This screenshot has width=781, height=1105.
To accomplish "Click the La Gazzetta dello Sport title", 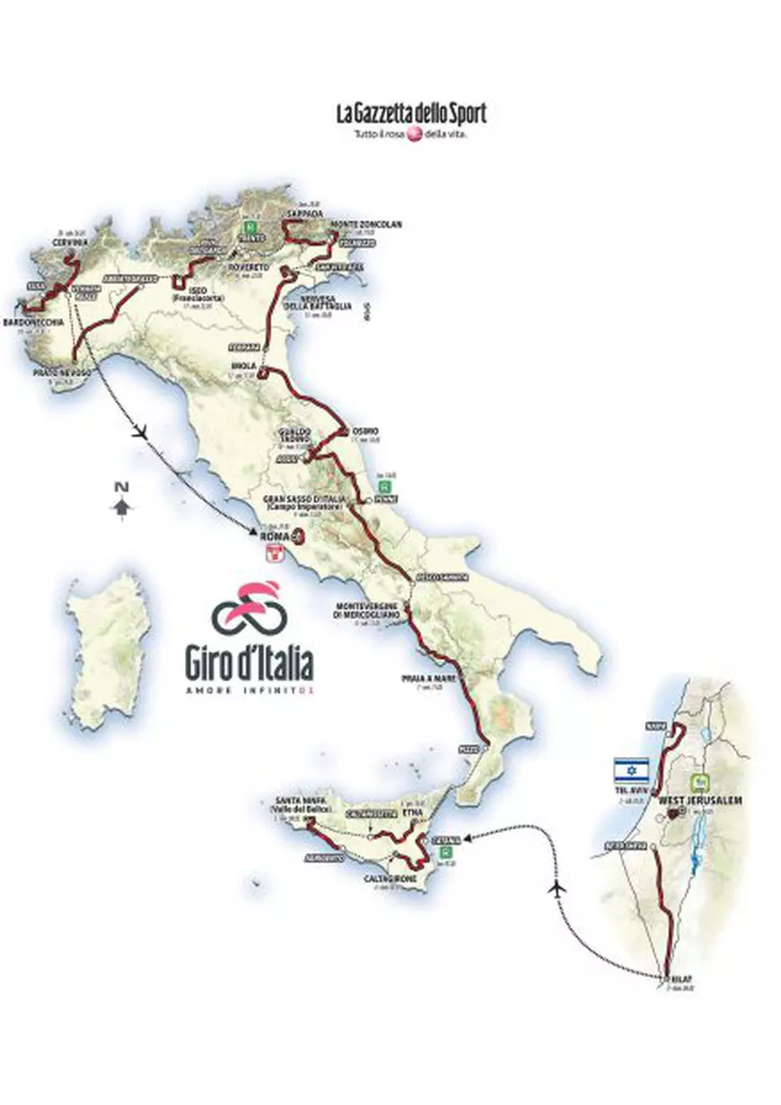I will point(411,114).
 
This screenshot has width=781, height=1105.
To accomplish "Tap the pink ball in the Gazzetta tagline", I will point(415,135).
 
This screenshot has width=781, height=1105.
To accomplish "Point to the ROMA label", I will point(272,536).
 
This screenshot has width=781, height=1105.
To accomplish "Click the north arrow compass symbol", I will point(120,503).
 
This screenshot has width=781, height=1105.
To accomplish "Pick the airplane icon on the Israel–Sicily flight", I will point(558,887).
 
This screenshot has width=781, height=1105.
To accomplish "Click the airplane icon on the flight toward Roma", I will point(138,431).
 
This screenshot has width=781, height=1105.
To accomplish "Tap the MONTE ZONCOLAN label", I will point(365,223).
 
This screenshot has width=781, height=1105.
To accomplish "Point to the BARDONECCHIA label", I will point(33,320).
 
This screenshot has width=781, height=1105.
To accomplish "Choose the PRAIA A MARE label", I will point(434,679).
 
